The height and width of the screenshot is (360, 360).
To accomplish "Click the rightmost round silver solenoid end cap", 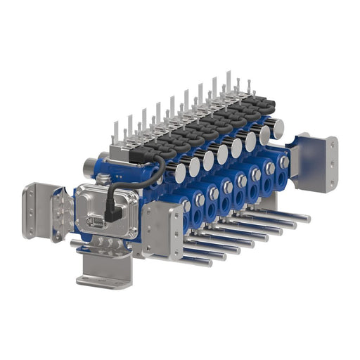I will click(277, 128).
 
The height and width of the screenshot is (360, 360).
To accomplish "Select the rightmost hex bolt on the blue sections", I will click(283, 162).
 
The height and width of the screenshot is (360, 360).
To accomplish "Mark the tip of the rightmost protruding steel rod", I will click(307, 218).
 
